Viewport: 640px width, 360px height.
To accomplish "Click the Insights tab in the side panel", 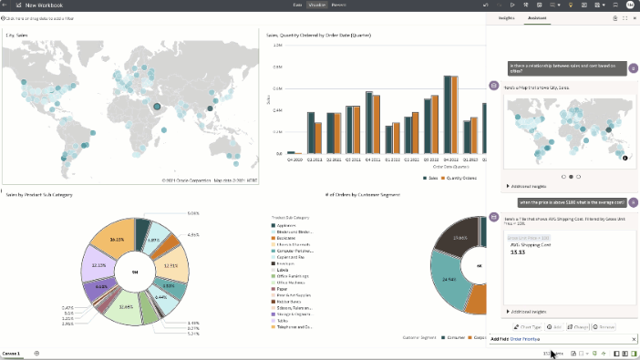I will point(506,17).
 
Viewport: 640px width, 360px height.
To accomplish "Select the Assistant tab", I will point(536,17).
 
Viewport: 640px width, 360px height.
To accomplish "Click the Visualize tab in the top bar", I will point(316,5).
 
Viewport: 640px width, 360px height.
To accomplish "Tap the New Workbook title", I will point(44,5).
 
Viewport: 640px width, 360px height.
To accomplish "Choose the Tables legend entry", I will point(284,319).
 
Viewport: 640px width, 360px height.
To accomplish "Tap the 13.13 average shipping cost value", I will point(517,252).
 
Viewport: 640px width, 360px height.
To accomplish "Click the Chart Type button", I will point(528,326).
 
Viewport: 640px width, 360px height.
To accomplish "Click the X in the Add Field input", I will point(634,339).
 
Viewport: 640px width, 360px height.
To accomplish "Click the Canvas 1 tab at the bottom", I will point(12,353).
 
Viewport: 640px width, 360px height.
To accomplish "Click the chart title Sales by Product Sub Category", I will point(38,195).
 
